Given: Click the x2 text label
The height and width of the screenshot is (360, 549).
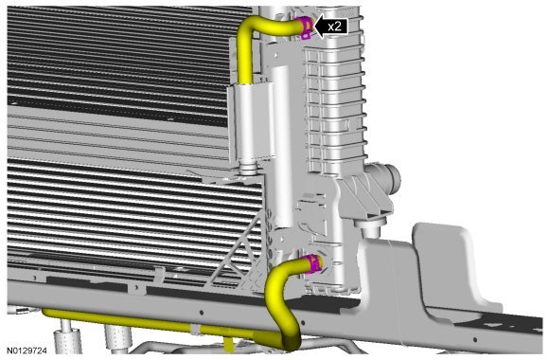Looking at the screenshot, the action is pos(334,27).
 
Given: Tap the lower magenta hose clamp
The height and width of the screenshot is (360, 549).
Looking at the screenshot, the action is pos(312,264).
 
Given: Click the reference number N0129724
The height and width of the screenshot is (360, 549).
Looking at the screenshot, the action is pos(27,351).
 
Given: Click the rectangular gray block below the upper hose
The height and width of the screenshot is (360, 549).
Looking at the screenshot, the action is pos(252,123).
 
